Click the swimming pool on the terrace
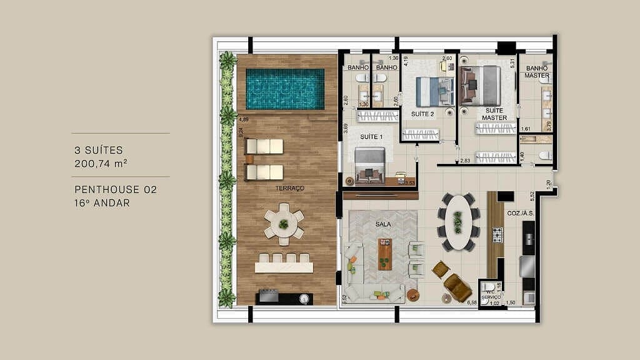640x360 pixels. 285,89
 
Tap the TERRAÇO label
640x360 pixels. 289,187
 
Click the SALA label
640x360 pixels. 383,223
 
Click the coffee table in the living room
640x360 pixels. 385,254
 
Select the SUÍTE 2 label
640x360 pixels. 422,114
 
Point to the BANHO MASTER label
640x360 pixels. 537,72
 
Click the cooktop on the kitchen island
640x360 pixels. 498,235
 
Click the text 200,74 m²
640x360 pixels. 101,164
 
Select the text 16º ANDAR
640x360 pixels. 102,202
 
